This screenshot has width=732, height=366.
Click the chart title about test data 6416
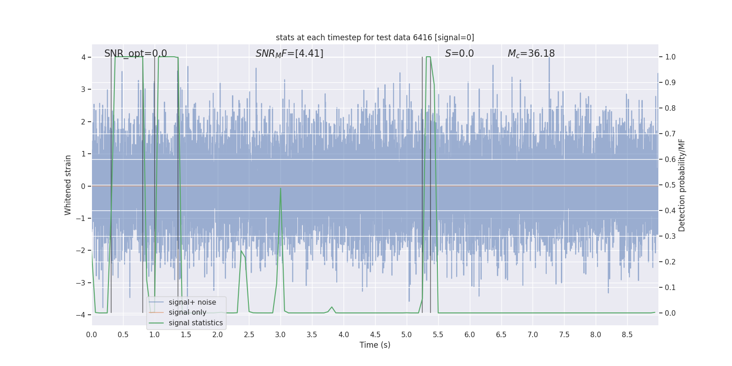point(375,38)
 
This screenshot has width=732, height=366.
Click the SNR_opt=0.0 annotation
point(135,54)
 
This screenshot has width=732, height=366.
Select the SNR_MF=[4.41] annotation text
point(289,54)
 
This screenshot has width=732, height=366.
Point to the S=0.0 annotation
point(459,54)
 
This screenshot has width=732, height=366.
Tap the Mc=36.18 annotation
point(531,54)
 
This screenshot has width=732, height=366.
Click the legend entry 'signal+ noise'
point(192,302)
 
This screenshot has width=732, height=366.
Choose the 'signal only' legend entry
point(187,312)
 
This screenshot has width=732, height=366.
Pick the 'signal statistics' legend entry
point(195,323)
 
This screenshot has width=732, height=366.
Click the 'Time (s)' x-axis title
point(375,345)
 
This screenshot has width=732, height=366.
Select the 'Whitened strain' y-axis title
point(68,185)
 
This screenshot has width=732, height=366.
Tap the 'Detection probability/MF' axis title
point(682,185)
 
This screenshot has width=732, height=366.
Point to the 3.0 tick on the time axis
point(280,335)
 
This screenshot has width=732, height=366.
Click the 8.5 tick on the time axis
point(627,335)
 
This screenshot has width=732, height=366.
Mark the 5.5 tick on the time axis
point(438,335)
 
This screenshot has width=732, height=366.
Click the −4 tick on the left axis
point(82,315)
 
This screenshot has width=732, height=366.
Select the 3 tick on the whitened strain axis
point(83,89)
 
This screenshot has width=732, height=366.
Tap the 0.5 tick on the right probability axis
point(670,185)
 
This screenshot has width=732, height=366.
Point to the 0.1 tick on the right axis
point(670,288)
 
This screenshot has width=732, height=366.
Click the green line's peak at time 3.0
point(280,188)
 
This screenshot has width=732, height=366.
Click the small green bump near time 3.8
point(332,307)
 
